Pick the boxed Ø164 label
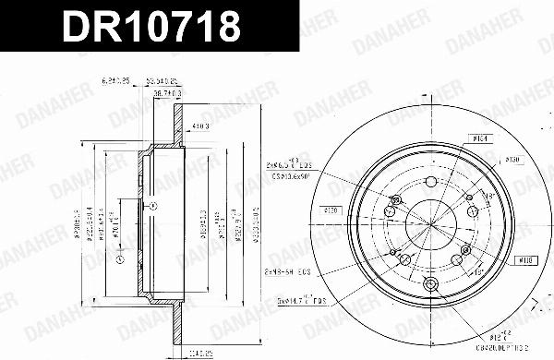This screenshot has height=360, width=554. (x=479, y=140)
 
